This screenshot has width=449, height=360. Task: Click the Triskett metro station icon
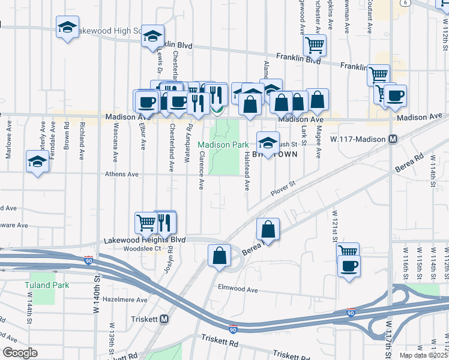click(164, 320)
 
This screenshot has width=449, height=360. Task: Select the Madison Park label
click(223, 145)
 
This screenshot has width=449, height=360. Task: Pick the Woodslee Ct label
click(142, 248)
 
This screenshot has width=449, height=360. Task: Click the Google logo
click(20, 353)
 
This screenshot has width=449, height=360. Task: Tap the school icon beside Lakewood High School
click(68, 27)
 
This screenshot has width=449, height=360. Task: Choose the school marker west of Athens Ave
click(37, 161)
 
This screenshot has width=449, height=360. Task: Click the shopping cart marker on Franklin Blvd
click(315, 44)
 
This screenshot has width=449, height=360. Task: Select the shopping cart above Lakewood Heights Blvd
click(146, 222)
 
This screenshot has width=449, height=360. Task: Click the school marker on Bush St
click(268, 142)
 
